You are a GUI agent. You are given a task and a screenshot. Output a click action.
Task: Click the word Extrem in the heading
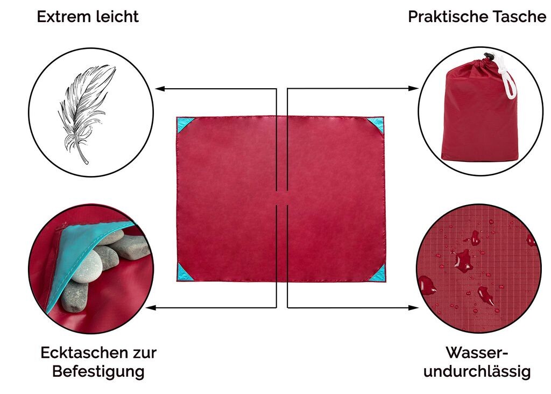coord(61,17)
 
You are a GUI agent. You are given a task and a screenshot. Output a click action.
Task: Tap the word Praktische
coord(447,17)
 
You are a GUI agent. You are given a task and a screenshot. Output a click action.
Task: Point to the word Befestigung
coord(98,371)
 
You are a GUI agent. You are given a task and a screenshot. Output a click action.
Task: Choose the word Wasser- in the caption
coord(477,353)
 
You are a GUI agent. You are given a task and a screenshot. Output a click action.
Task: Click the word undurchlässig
coord(477,371)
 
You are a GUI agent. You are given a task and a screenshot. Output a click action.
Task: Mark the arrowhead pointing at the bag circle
coord(414,88)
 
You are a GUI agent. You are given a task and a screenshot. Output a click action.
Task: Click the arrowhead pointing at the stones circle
coord(151,308)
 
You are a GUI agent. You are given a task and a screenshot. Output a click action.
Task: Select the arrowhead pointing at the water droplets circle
coord(414,308)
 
